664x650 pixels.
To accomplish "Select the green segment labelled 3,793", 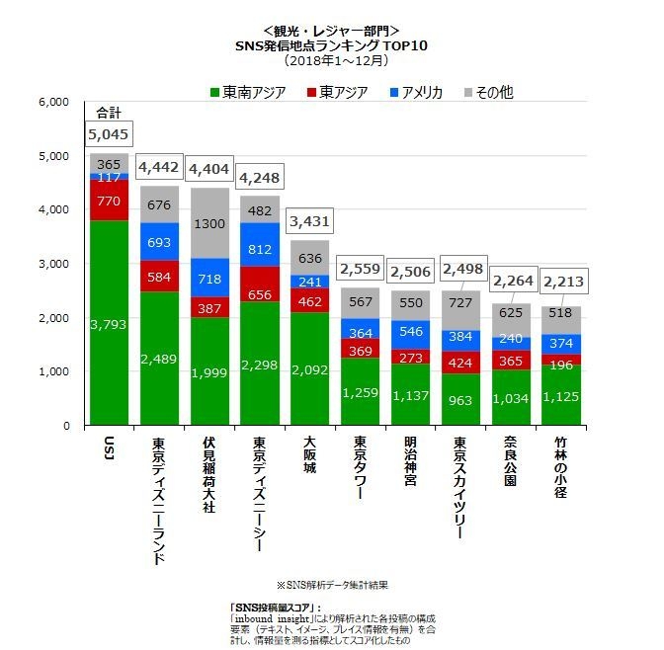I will pos(109,323).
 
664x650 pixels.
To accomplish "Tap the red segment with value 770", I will pos(109,200).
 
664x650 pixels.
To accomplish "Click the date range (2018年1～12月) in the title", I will pos(331,59).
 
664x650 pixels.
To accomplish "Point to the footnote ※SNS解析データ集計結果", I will pos(331,586).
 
